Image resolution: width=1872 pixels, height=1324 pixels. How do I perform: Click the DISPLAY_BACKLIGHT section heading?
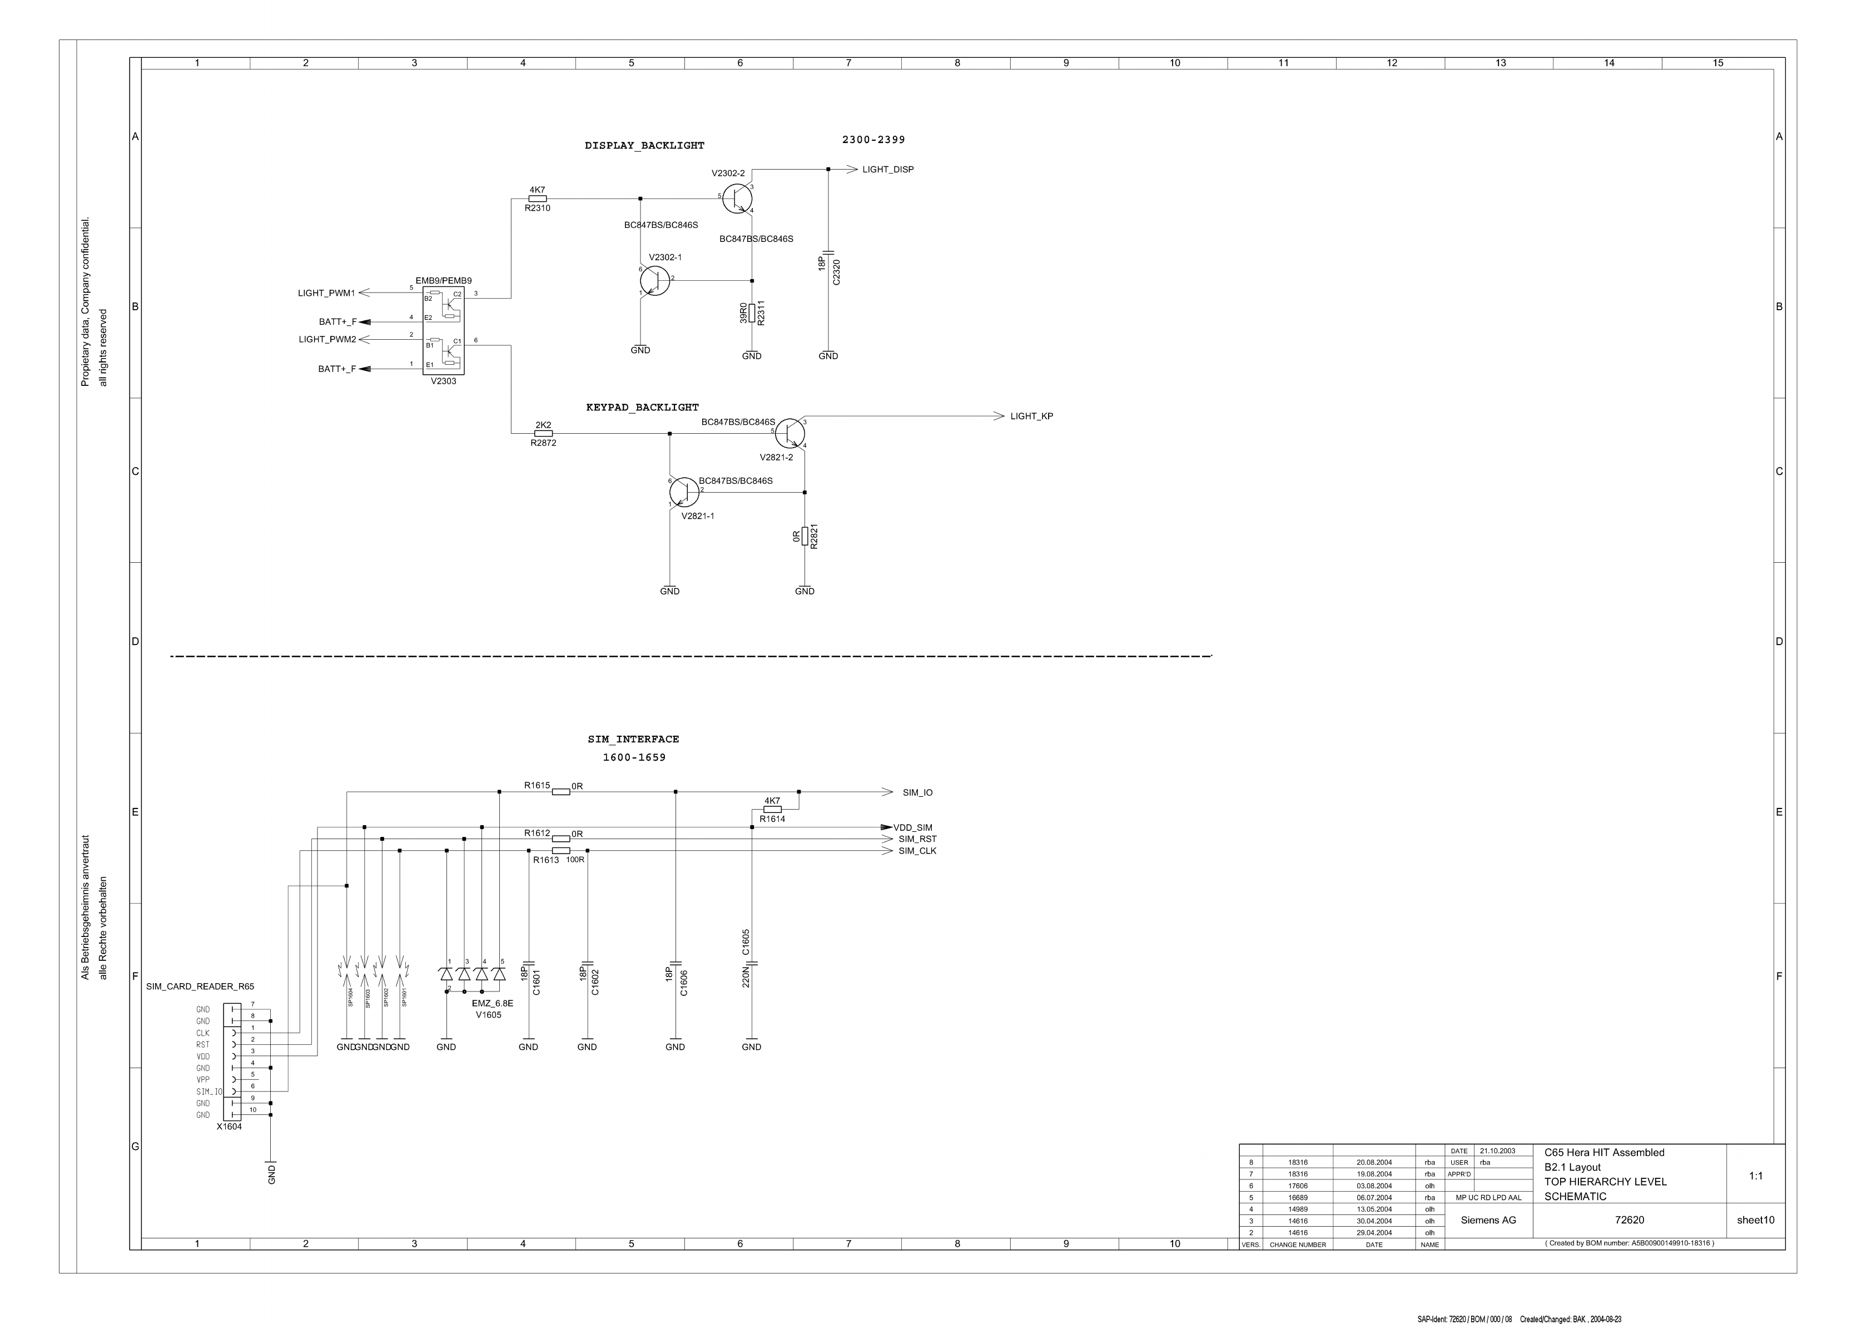(x=644, y=146)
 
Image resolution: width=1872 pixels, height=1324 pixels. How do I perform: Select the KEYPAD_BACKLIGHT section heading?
(x=643, y=408)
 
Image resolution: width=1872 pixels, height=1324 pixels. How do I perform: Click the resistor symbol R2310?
(x=537, y=198)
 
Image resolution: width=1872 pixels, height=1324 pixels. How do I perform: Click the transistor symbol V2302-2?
(x=737, y=198)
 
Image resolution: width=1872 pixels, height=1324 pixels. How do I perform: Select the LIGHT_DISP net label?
(x=888, y=170)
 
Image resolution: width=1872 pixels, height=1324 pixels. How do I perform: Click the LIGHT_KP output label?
(x=1031, y=416)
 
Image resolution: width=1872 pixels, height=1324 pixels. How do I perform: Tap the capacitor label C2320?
(x=837, y=271)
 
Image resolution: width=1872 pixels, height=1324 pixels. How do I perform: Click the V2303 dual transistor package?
(x=443, y=330)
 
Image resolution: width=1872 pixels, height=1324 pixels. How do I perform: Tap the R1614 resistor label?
(x=772, y=819)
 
